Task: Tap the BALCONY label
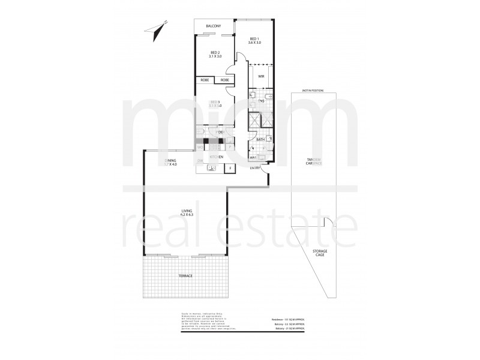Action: [214, 26]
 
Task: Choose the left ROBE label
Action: [205, 80]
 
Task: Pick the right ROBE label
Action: [224, 80]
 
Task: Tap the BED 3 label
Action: [215, 103]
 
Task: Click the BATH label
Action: [261, 140]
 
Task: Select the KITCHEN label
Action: [216, 157]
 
